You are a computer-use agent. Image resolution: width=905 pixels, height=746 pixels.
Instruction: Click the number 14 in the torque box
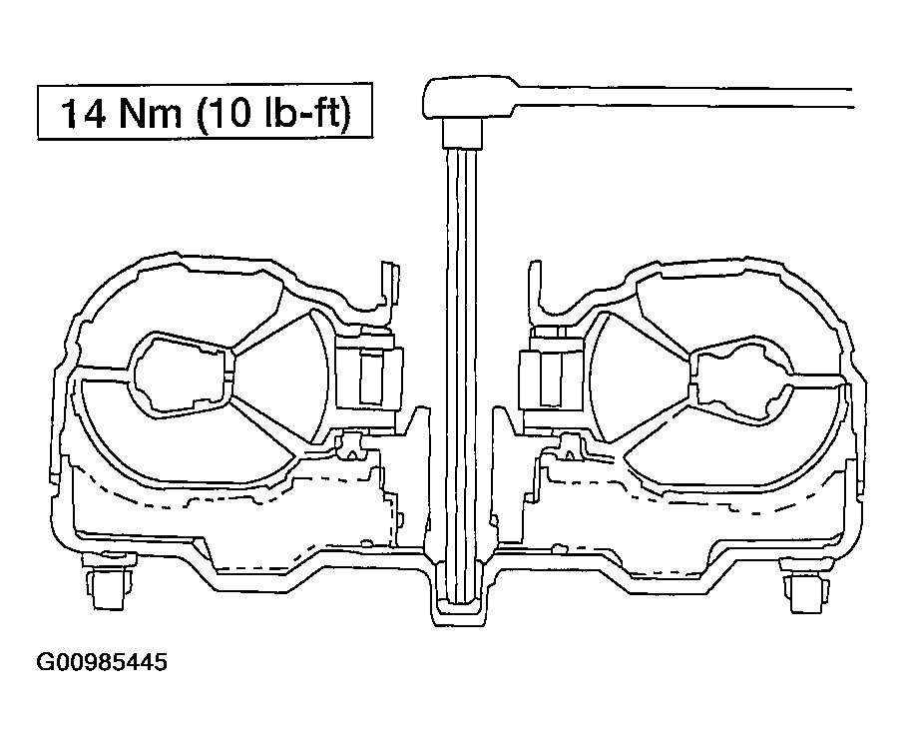pos(84,112)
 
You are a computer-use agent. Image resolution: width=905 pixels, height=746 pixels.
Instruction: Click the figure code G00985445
pos(102,662)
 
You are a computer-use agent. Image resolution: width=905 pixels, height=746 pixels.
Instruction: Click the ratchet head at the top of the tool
pos(470,97)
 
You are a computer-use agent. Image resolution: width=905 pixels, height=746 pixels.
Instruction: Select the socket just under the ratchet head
pos(462,132)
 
